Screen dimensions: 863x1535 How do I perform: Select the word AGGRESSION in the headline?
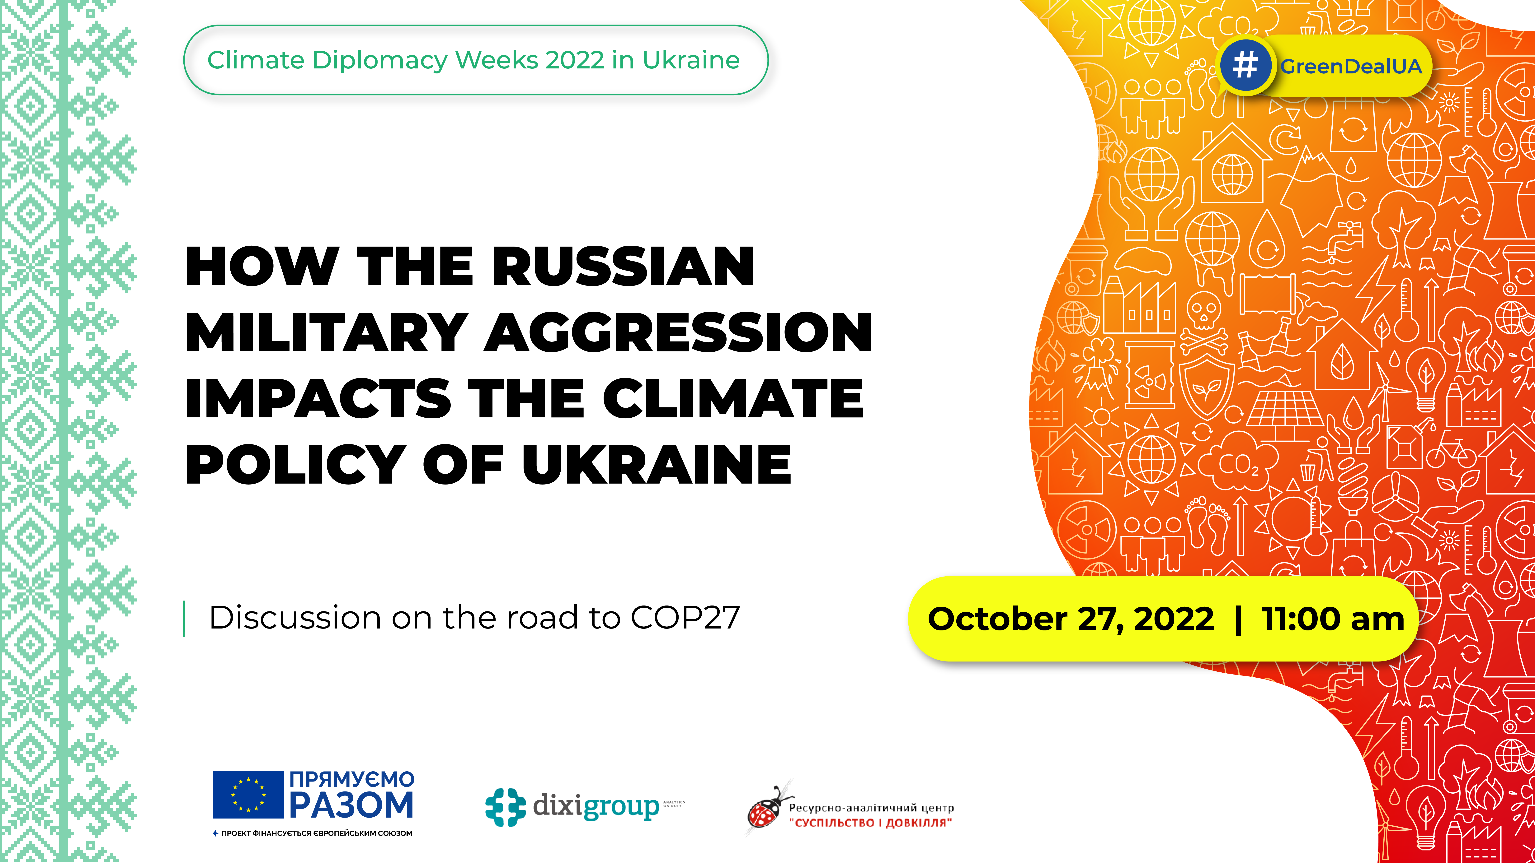coord(678,332)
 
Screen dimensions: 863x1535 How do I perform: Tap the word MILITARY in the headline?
coord(327,332)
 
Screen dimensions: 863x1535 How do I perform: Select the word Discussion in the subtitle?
coord(294,618)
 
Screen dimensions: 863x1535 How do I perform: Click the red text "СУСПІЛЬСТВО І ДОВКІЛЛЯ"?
coord(870,823)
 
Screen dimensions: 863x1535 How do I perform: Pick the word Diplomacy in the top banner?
coord(380,60)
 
